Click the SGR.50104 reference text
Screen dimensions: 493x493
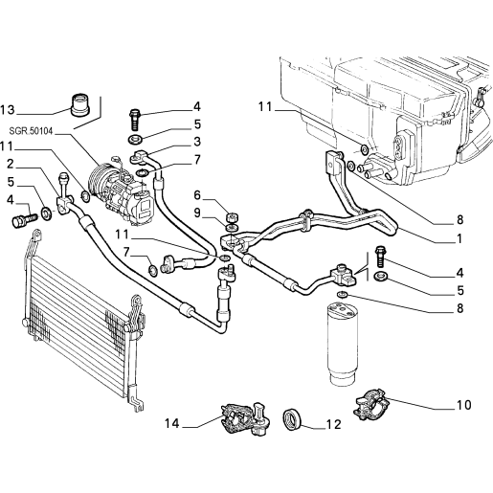point(31,131)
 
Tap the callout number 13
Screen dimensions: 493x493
point(8,110)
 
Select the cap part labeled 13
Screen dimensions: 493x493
point(80,104)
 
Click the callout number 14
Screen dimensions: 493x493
point(172,424)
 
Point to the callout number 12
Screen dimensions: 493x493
point(333,424)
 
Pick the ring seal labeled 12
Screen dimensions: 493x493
point(292,420)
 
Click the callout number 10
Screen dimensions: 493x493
point(464,405)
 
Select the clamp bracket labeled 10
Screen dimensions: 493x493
point(371,404)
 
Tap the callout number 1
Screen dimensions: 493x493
point(459,238)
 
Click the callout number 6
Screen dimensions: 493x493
point(197,195)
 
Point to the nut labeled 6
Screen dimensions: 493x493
point(232,218)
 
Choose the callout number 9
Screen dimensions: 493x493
point(197,213)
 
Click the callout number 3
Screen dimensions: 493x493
point(197,142)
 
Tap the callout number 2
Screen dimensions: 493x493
point(11,164)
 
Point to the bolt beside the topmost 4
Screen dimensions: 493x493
point(134,120)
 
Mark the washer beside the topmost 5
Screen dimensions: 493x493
point(135,139)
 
